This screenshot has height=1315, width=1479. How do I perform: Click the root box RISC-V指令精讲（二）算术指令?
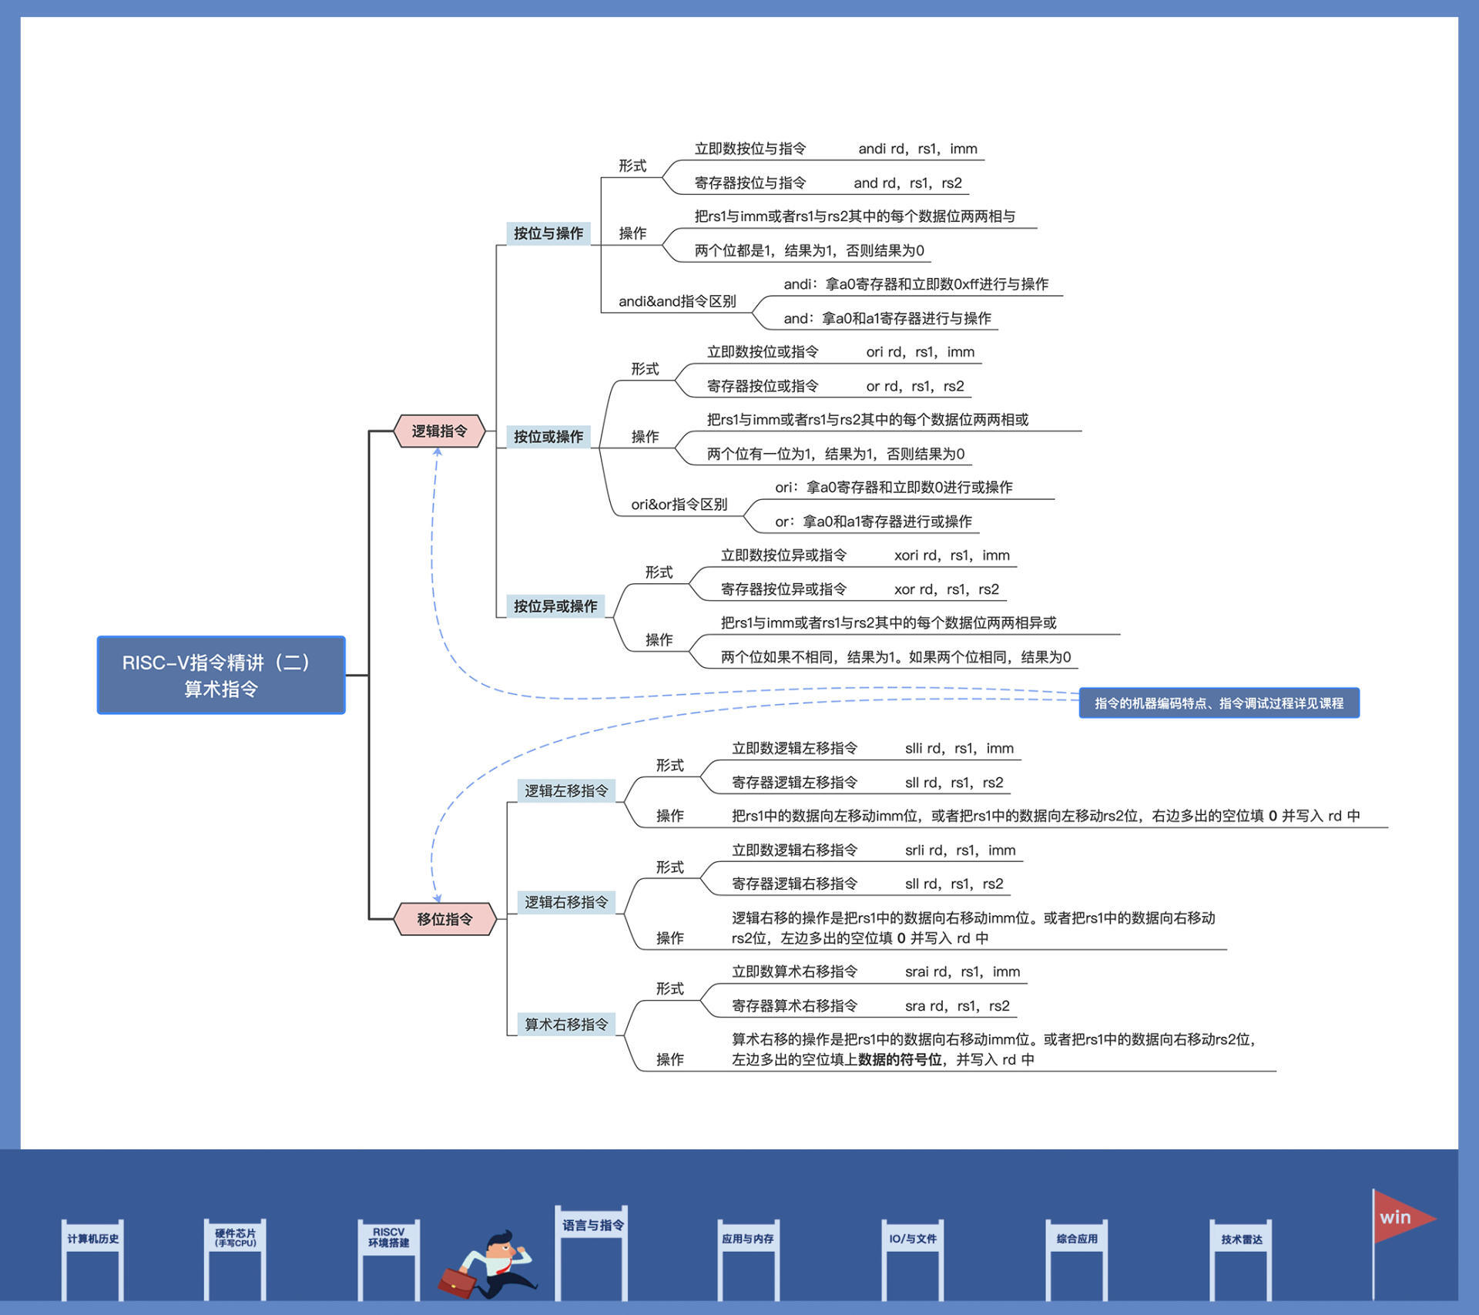220,675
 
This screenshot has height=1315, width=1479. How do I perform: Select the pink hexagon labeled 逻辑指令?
439,431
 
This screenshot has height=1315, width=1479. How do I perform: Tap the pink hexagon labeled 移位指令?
444,918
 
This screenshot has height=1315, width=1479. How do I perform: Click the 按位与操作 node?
548,233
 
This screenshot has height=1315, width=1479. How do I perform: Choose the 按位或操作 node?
548,437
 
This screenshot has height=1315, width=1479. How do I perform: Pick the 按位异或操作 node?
555,606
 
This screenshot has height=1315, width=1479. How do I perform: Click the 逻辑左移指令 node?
566,790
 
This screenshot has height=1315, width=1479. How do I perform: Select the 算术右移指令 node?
566,1025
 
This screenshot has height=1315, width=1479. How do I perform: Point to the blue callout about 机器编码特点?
1219,703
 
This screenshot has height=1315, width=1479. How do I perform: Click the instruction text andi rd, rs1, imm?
917,149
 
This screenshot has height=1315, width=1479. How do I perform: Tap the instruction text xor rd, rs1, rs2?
946,589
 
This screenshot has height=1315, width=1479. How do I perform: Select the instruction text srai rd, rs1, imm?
962,971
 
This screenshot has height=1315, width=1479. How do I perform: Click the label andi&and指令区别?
677,301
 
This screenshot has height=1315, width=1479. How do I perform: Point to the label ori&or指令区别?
679,505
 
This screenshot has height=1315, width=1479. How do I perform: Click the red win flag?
1402,1217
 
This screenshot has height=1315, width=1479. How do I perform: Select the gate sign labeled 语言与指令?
592,1225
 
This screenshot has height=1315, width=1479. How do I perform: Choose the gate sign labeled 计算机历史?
92,1239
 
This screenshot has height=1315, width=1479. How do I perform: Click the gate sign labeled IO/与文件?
913,1239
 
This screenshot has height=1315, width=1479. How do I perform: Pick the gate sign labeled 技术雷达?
1241,1239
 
